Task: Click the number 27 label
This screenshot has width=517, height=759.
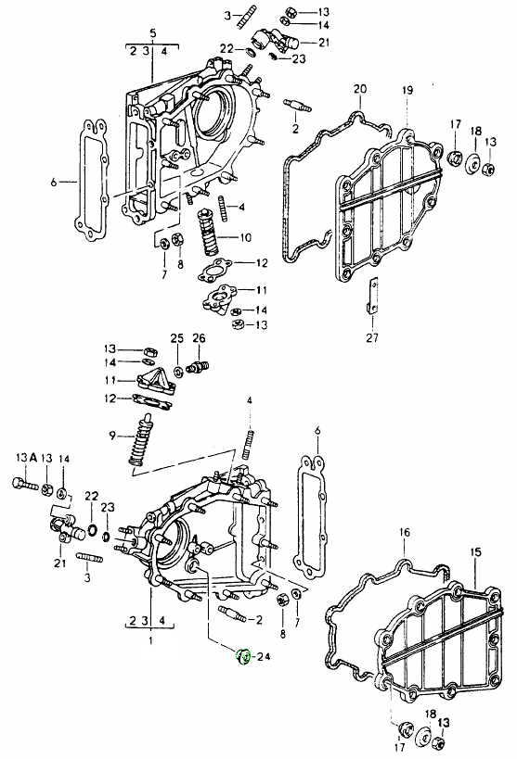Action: click(372, 336)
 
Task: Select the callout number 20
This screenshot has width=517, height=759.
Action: click(360, 89)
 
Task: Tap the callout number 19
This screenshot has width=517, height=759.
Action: click(407, 89)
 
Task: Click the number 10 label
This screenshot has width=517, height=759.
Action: click(246, 237)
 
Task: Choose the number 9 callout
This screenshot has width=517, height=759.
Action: click(112, 435)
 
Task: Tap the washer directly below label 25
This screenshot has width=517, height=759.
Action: click(177, 370)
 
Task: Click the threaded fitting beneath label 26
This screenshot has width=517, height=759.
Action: click(197, 368)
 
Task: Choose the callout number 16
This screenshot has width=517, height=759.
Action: click(404, 532)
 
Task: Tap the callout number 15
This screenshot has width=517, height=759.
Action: click(475, 552)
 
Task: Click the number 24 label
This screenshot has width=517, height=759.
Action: click(263, 658)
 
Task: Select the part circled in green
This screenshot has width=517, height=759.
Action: click(243, 658)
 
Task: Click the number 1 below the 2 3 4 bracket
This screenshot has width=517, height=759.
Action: click(148, 639)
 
